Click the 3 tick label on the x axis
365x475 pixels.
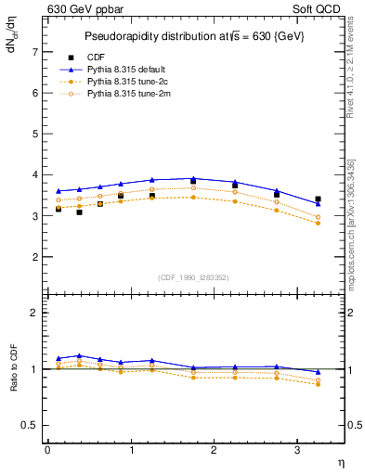click(296, 450)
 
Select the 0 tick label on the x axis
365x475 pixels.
click(47, 450)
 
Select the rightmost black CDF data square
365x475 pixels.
click(318, 199)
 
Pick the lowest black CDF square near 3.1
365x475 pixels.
click(79, 212)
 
